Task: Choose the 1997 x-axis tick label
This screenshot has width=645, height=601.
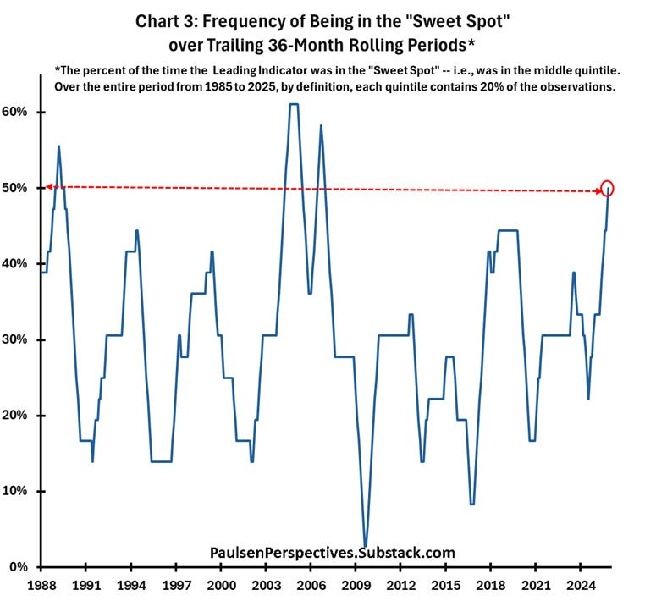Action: (x=176, y=585)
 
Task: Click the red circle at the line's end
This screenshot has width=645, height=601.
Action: (x=607, y=189)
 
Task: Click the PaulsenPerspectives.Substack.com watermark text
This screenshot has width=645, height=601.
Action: (x=332, y=553)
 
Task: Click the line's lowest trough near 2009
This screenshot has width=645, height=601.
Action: (x=365, y=547)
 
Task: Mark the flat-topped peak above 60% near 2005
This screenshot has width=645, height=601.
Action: (x=294, y=104)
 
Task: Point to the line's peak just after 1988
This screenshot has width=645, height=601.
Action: (x=58, y=146)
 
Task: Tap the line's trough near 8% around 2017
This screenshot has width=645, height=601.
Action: (x=472, y=505)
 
